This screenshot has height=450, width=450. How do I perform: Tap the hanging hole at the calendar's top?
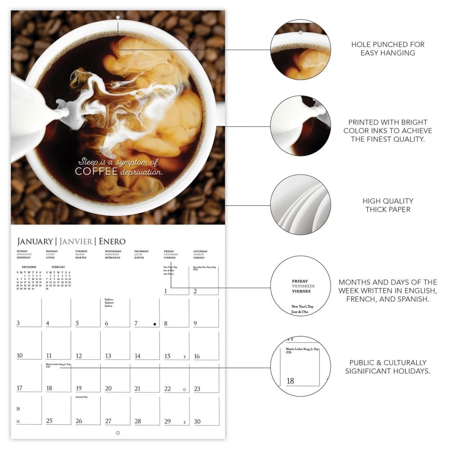pyautogui.click(x=118, y=18)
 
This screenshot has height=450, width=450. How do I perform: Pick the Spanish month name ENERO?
pyautogui.click(x=112, y=241)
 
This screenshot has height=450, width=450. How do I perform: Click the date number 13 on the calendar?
pyautogui.click(x=108, y=356)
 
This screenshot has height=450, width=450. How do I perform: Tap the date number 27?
pyautogui.click(x=108, y=421)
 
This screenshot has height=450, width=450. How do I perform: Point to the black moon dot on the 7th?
pyautogui.click(x=154, y=324)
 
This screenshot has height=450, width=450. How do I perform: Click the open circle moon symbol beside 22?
pyautogui.click(x=184, y=389)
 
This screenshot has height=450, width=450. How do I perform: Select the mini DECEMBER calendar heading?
pyautogui.click(x=29, y=267)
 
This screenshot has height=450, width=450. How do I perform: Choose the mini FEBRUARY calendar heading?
pyautogui.click(x=58, y=267)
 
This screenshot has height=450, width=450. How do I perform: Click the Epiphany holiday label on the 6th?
pyautogui.click(x=108, y=299)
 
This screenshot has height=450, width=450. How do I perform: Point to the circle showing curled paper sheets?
pyautogui.click(x=301, y=204)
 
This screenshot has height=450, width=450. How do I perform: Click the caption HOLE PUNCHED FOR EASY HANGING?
pyautogui.click(x=387, y=49)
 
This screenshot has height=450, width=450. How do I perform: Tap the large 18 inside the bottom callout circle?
pyautogui.click(x=290, y=381)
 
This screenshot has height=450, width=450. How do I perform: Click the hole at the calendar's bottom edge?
pyautogui.click(x=118, y=433)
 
